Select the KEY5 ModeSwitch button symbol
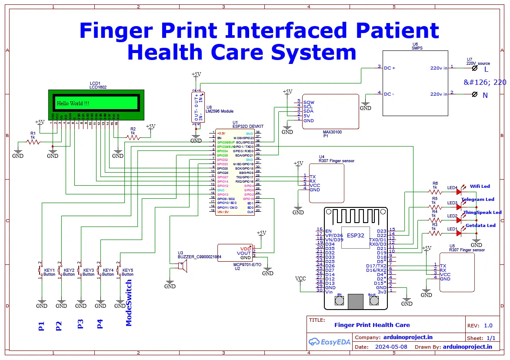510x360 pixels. click(118, 271)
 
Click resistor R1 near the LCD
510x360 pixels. click(33, 142)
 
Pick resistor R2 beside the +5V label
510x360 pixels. click(133, 137)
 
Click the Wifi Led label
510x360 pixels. click(480, 186)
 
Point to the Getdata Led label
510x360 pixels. click(480, 225)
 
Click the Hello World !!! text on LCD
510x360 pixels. click(73, 103)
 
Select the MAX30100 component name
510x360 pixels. click(332, 131)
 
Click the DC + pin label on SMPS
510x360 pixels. click(389, 68)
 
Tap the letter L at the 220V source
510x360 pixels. click(486, 69)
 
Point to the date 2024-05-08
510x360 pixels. click(392, 347)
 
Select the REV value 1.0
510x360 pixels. click(488, 325)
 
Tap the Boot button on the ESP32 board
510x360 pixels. click(373, 301)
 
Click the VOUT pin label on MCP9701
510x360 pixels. click(243, 253)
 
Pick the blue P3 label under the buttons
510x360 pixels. click(80, 324)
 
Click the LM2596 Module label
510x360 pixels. click(220, 111)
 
